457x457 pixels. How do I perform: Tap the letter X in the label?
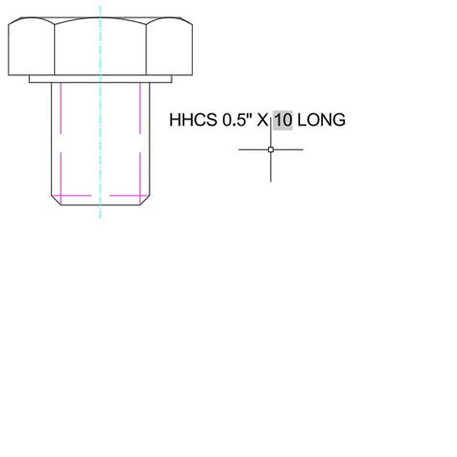pos(261,121)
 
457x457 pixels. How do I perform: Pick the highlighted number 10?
pos(282,121)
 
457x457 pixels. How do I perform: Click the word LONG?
pos(320,121)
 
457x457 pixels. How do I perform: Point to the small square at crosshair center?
pos(271,149)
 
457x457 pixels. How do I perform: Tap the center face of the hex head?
pos(100,48)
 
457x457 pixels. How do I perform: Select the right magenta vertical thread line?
pos(141,135)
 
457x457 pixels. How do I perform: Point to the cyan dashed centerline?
pos(100,145)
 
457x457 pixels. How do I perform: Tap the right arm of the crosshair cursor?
pos(289,149)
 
